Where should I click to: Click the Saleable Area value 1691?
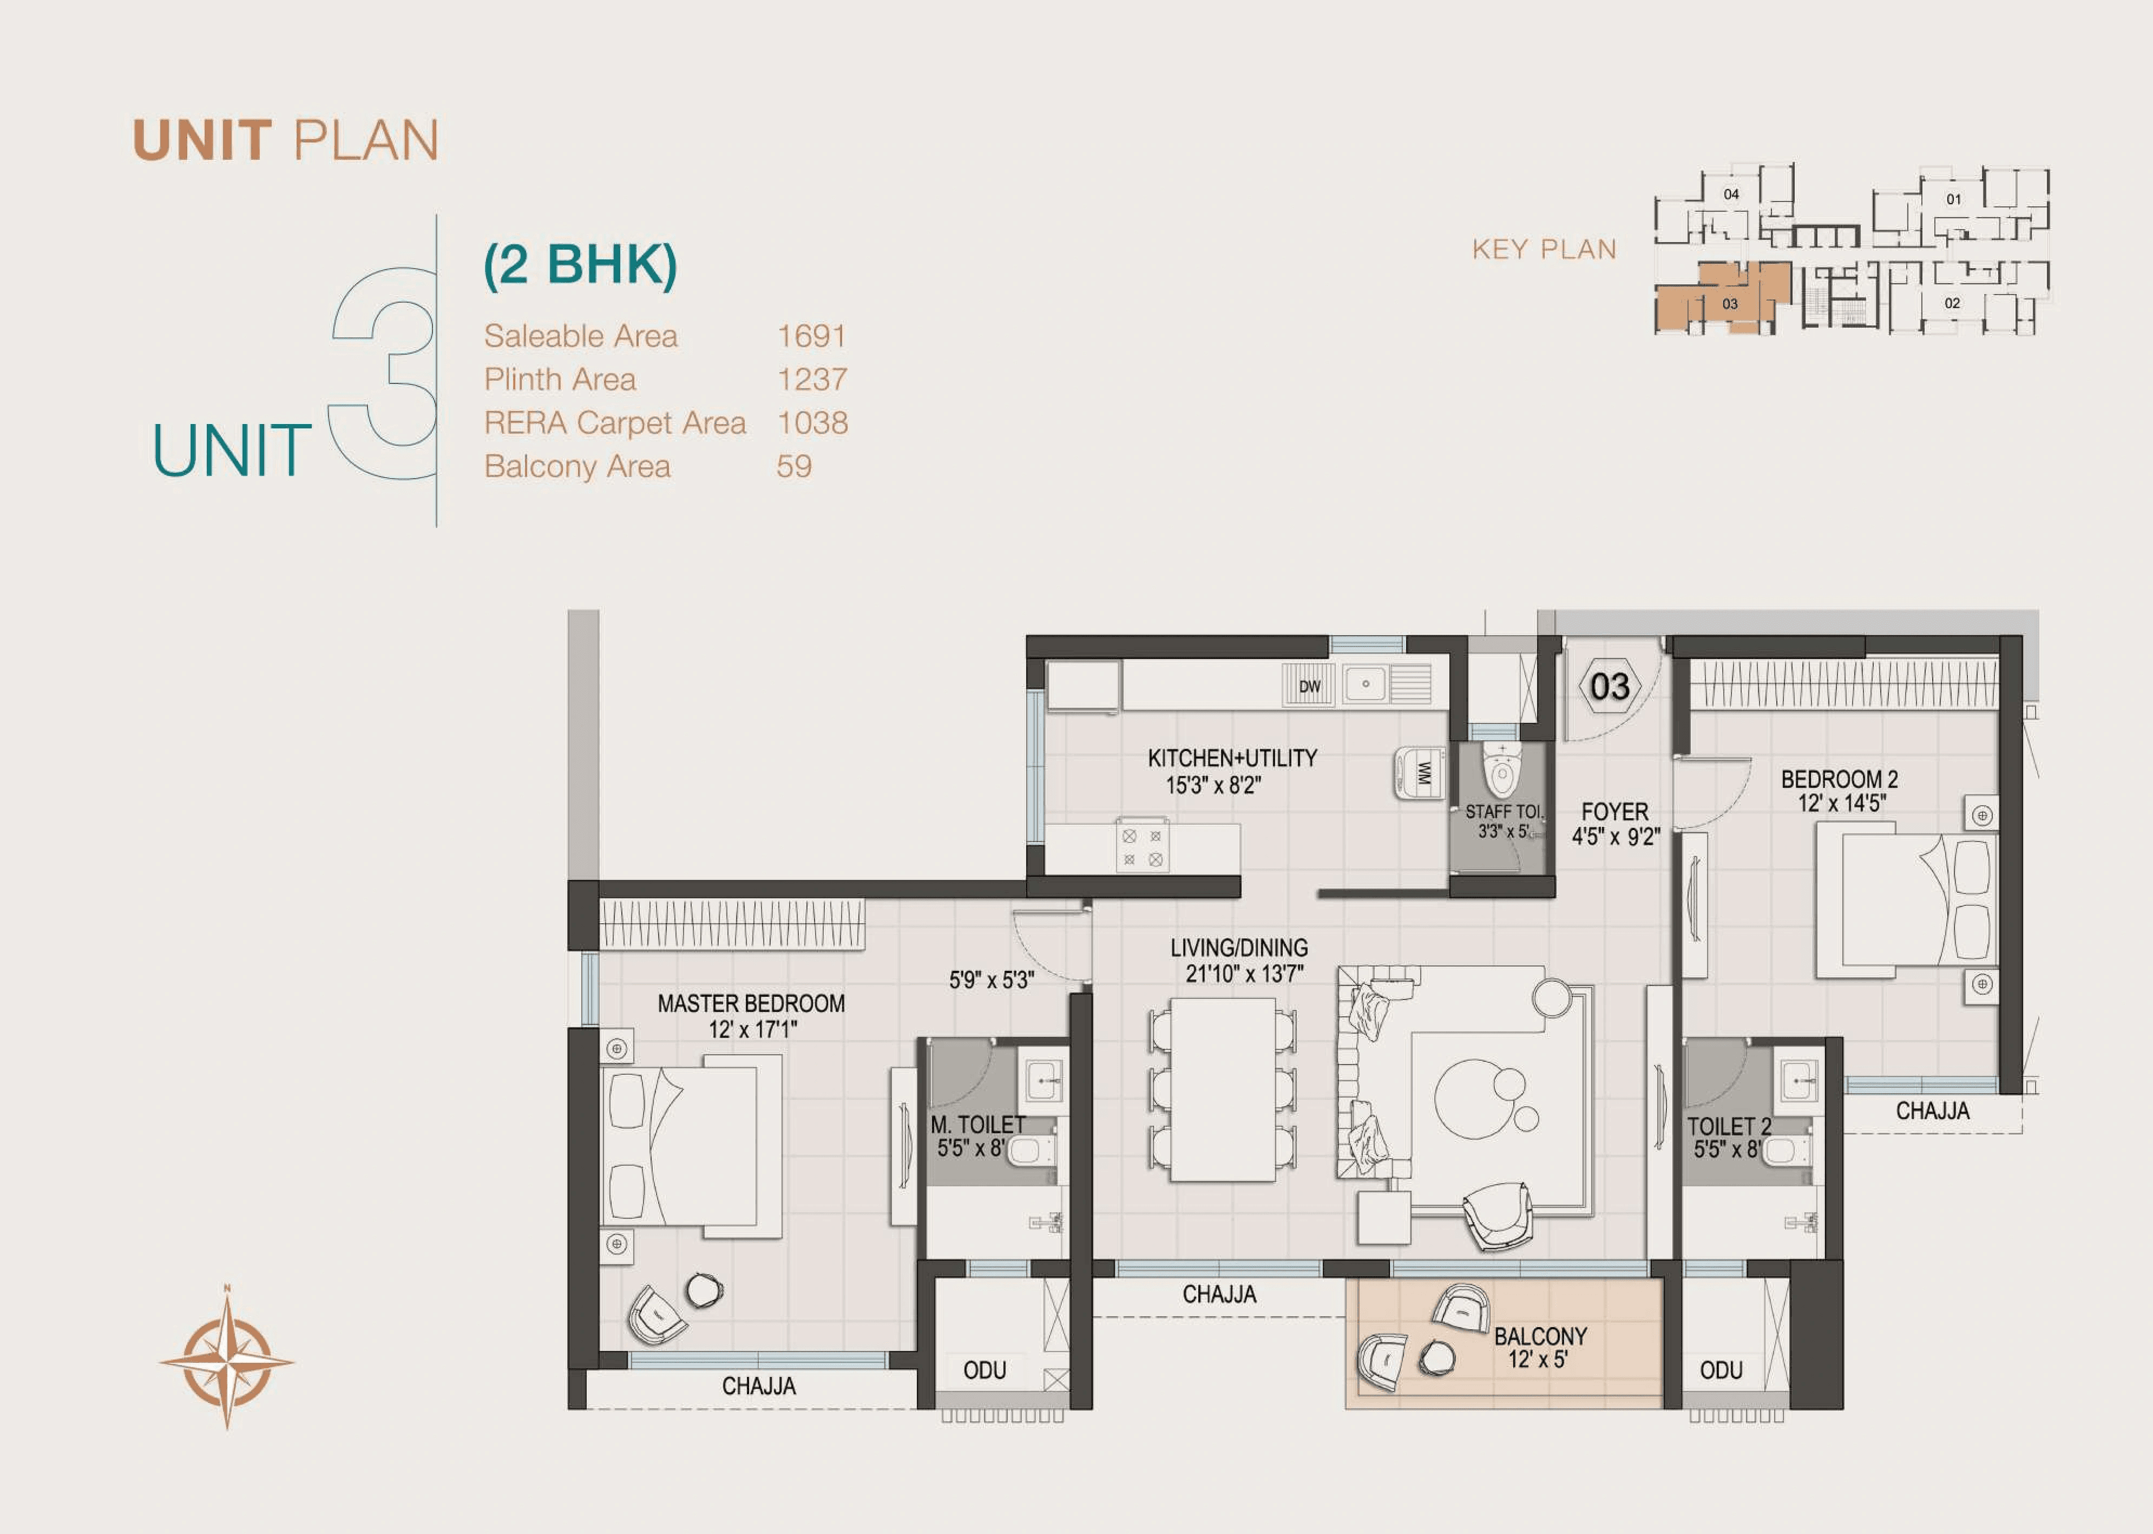click(x=811, y=337)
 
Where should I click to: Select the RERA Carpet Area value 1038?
click(x=812, y=423)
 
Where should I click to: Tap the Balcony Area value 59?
click(x=794, y=467)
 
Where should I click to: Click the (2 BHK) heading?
click(x=580, y=265)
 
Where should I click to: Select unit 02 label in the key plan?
click(x=1952, y=303)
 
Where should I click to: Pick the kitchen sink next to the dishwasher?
click(x=1365, y=684)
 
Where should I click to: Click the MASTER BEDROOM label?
click(x=751, y=1004)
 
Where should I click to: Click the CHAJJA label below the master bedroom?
click(x=758, y=1386)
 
